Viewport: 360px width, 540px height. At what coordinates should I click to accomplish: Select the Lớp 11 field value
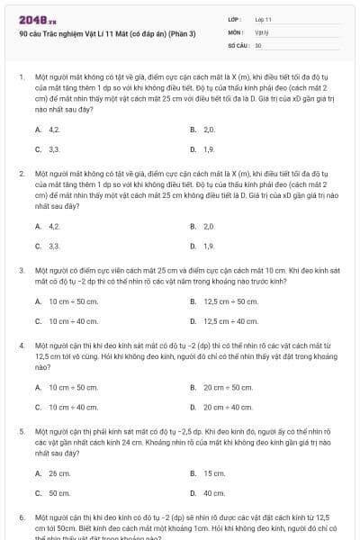(x=264, y=18)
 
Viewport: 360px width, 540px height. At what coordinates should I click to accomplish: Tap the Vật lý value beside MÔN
(x=262, y=31)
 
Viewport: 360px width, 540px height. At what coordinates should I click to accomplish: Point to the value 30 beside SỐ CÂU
(x=258, y=44)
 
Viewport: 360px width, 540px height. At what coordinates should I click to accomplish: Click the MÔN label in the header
(x=236, y=31)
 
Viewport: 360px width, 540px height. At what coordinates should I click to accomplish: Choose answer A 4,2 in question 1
(x=54, y=130)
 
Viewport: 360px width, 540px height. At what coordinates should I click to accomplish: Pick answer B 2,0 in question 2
(x=209, y=226)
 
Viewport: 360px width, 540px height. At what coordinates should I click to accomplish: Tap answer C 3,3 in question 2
(x=54, y=245)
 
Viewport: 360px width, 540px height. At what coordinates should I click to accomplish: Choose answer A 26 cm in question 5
(x=59, y=473)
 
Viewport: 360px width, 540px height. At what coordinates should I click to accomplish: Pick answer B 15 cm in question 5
(x=214, y=473)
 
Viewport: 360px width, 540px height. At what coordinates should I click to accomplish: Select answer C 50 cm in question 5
(x=59, y=492)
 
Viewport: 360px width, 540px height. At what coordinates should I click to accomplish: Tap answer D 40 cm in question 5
(x=214, y=492)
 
